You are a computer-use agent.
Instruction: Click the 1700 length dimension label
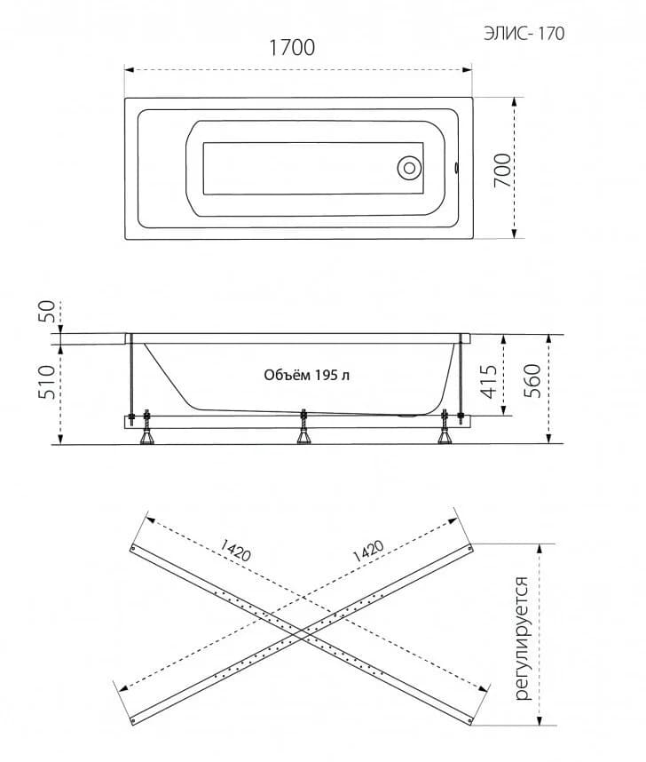click(292, 48)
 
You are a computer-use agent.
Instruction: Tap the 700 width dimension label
click(503, 171)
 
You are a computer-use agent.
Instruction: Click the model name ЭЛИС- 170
click(524, 34)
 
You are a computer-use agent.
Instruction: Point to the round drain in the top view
click(409, 168)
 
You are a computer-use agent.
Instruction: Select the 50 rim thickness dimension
click(48, 312)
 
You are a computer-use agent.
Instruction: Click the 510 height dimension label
click(48, 382)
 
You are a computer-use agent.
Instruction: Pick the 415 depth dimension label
click(490, 382)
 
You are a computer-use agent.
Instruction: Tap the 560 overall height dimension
click(532, 381)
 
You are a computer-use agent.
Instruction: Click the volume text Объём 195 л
click(306, 375)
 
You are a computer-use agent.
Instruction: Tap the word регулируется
click(523, 639)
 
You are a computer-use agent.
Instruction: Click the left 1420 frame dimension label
click(235, 551)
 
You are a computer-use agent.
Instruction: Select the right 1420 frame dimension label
click(367, 551)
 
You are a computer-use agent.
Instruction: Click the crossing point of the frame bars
click(301, 634)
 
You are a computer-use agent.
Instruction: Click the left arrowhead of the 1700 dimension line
click(130, 69)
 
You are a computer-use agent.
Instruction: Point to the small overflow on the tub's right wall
click(457, 168)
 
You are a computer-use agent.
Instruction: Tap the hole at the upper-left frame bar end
click(132, 548)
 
